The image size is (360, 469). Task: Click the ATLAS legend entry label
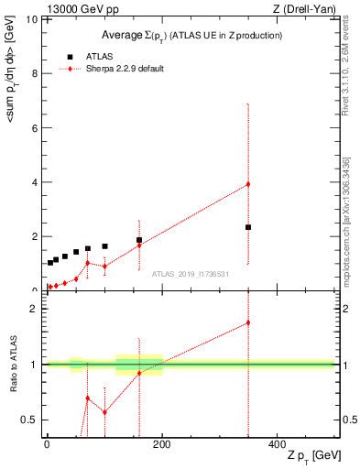click(x=100, y=56)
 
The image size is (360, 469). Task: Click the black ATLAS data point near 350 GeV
click(x=248, y=227)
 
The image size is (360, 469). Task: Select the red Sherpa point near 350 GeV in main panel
click(x=248, y=184)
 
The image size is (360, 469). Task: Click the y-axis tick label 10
click(x=32, y=19)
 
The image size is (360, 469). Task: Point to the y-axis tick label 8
click(x=35, y=73)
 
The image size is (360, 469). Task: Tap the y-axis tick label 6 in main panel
click(x=35, y=127)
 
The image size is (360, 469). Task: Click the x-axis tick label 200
click(x=162, y=444)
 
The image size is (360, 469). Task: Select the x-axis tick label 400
click(x=278, y=444)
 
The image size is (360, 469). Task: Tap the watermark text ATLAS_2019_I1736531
click(x=191, y=273)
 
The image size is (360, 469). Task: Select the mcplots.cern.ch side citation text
click(x=345, y=220)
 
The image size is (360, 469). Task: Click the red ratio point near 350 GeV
click(x=248, y=322)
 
